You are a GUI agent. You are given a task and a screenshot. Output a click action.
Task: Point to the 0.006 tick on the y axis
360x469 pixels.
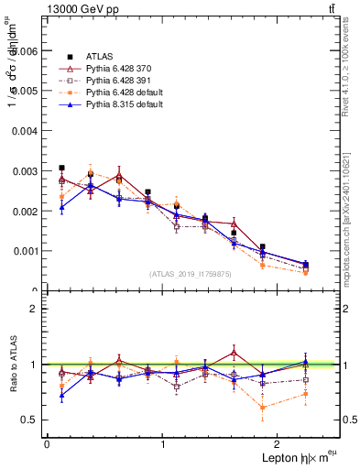click(x=26, y=52)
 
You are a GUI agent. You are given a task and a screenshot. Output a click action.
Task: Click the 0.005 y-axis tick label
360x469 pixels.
click(x=26, y=92)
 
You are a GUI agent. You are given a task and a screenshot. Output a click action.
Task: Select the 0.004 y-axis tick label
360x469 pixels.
click(x=26, y=131)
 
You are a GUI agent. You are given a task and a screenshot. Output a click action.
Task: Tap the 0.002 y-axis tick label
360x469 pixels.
click(x=26, y=211)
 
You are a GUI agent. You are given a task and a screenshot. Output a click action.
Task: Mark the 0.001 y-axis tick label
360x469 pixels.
click(x=26, y=250)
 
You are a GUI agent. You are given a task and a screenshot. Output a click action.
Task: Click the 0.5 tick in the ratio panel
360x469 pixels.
click(x=31, y=420)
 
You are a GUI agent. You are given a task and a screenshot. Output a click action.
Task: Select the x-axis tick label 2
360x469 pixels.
click(x=279, y=443)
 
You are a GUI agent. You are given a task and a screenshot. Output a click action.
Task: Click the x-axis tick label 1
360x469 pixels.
click(x=163, y=443)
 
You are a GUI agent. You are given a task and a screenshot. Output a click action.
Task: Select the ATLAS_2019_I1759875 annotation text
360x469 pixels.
click(x=190, y=273)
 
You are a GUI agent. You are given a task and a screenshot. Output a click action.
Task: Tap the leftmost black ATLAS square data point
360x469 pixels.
click(x=61, y=169)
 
